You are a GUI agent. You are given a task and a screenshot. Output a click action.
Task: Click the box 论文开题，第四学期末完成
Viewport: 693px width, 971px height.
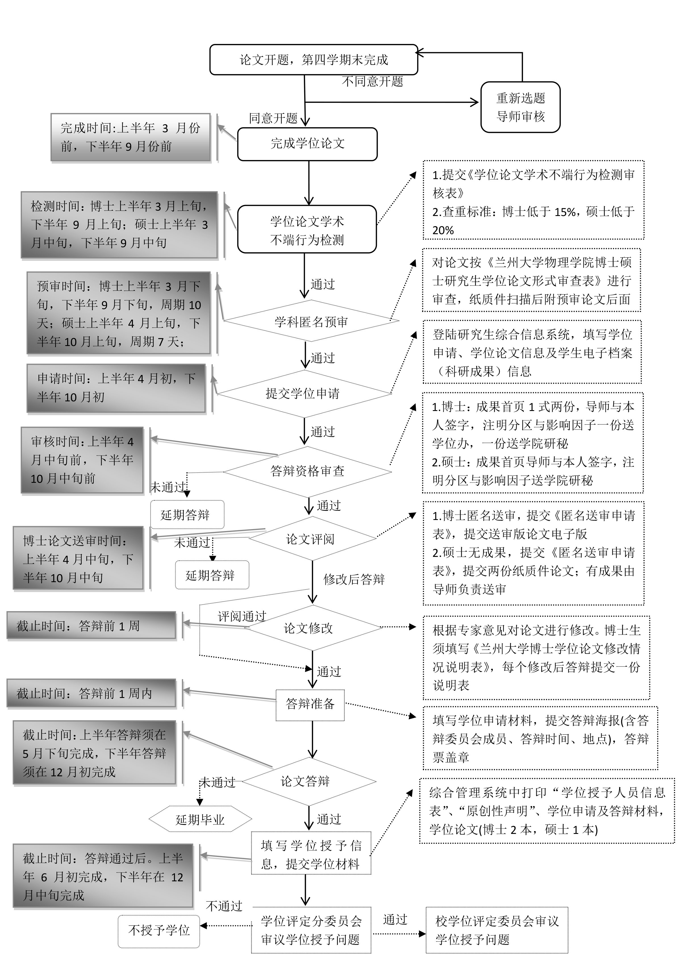pyautogui.click(x=314, y=60)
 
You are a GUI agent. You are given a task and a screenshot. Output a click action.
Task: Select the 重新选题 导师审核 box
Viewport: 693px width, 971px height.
pyautogui.click(x=520, y=107)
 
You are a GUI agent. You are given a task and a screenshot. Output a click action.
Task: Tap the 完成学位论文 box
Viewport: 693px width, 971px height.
pyautogui.click(x=307, y=144)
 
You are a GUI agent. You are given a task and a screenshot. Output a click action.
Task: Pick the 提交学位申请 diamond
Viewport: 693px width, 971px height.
pyautogui.click(x=303, y=393)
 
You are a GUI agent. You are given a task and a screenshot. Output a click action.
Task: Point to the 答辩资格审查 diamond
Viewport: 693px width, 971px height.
pyautogui.click(x=307, y=471)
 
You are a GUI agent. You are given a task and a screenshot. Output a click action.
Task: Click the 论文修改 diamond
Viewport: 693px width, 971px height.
pyautogui.click(x=308, y=628)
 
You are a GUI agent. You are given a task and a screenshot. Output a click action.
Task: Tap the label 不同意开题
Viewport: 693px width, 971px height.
pyautogui.click(x=373, y=81)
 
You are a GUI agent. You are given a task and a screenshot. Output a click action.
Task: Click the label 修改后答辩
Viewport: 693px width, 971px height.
pyautogui.click(x=354, y=579)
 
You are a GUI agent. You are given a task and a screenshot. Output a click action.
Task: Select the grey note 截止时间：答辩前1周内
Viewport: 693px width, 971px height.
pyautogui.click(x=91, y=694)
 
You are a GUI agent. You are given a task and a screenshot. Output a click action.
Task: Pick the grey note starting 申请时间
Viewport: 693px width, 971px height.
pyautogui.click(x=116, y=388)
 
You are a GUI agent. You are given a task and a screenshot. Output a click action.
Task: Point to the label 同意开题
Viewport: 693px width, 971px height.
pyautogui.click(x=273, y=118)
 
